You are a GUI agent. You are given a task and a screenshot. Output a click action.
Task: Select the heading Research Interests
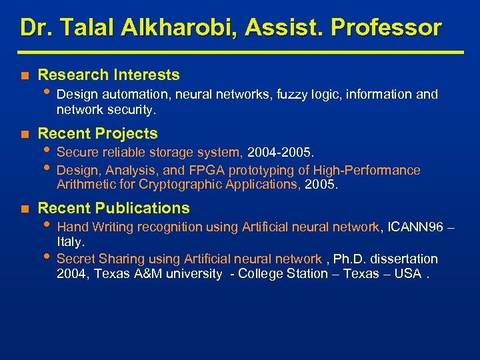tap(109, 75)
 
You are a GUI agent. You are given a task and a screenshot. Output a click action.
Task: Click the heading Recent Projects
tap(98, 133)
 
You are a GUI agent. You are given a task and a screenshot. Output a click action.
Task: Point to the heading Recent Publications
tap(114, 208)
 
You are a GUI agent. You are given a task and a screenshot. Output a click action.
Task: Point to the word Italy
tap(70, 242)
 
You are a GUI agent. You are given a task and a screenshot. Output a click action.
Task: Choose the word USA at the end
tap(407, 273)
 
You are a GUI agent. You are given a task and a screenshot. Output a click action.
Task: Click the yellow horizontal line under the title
tap(240, 51)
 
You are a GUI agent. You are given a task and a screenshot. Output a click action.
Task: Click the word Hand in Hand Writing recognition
tap(71, 227)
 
